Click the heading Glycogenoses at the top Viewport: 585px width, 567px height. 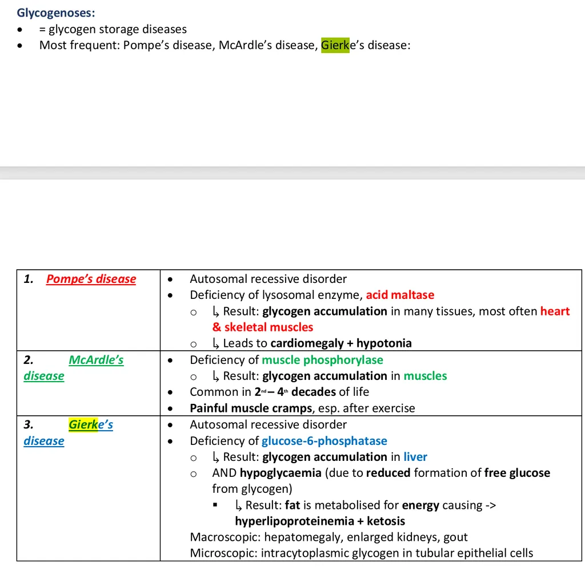click(56, 12)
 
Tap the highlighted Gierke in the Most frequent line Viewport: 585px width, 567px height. click(335, 45)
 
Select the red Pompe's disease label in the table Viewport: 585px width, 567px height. click(91, 279)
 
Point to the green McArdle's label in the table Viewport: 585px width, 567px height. click(96, 360)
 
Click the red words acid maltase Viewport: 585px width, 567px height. click(400, 295)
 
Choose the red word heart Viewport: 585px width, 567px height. click(555, 311)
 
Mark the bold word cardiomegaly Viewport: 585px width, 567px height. click(307, 343)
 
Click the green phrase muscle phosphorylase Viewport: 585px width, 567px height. click(322, 360)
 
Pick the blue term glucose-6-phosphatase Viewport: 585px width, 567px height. click(324, 441)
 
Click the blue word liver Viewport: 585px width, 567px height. click(415, 457)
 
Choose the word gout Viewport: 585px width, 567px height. click(455, 537)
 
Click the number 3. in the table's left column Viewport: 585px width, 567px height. click(29, 424)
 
